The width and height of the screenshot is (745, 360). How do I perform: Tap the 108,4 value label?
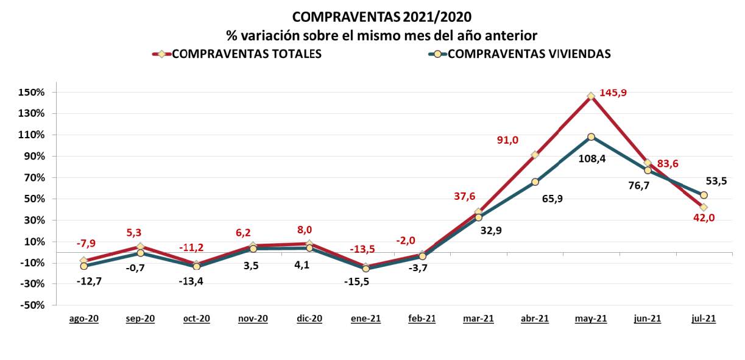tap(591, 159)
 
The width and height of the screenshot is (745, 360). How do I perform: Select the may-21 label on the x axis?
tap(591, 319)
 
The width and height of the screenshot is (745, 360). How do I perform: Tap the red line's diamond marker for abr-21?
tap(535, 155)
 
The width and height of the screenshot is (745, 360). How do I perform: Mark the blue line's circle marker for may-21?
tap(591, 136)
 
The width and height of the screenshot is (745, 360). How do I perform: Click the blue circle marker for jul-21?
tap(704, 195)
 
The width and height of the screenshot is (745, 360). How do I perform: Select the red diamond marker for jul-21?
tap(704, 207)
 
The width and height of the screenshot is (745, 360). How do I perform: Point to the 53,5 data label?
tap(716, 181)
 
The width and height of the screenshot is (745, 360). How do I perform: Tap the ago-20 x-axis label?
tap(83, 319)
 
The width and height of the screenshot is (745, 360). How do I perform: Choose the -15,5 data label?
tap(365, 281)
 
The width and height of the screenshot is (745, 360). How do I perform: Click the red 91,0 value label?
tap(507, 140)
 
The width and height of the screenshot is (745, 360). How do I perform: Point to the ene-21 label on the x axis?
tap(365, 319)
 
